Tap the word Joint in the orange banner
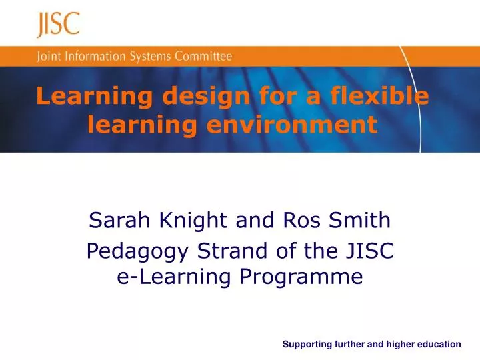[x=49, y=56]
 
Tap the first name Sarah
[x=117, y=221]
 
